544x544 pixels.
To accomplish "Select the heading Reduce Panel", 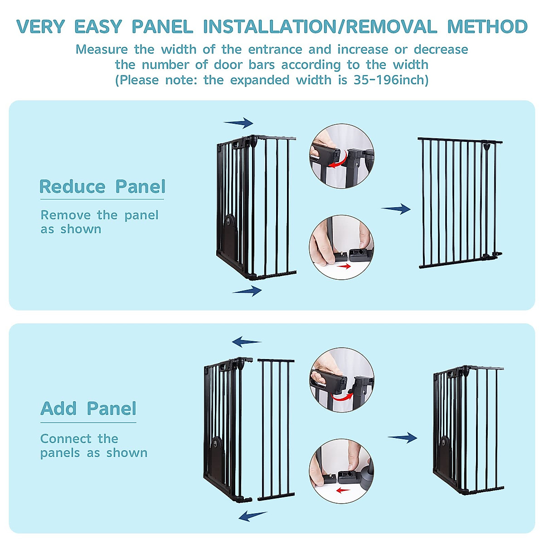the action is [x=102, y=187].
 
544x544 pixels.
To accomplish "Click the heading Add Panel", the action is [x=88, y=408].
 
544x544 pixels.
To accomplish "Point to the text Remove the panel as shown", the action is [x=99, y=222].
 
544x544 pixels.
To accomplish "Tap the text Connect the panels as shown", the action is [x=94, y=446].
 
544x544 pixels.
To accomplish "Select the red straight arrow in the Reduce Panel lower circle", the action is [x=344, y=267].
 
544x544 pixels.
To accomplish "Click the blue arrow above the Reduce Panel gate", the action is [x=238, y=122].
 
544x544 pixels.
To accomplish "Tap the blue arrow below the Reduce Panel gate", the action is [x=247, y=291].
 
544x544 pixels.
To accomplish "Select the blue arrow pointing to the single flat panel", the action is [x=396, y=209].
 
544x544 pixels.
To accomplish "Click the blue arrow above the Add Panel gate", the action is [x=247, y=342].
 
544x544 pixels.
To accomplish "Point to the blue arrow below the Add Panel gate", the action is [x=253, y=515].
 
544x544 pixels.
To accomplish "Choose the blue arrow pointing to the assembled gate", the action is [x=403, y=437].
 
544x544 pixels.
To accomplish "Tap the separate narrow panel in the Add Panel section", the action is [x=276, y=428].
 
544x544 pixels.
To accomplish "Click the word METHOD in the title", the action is [x=487, y=27].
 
